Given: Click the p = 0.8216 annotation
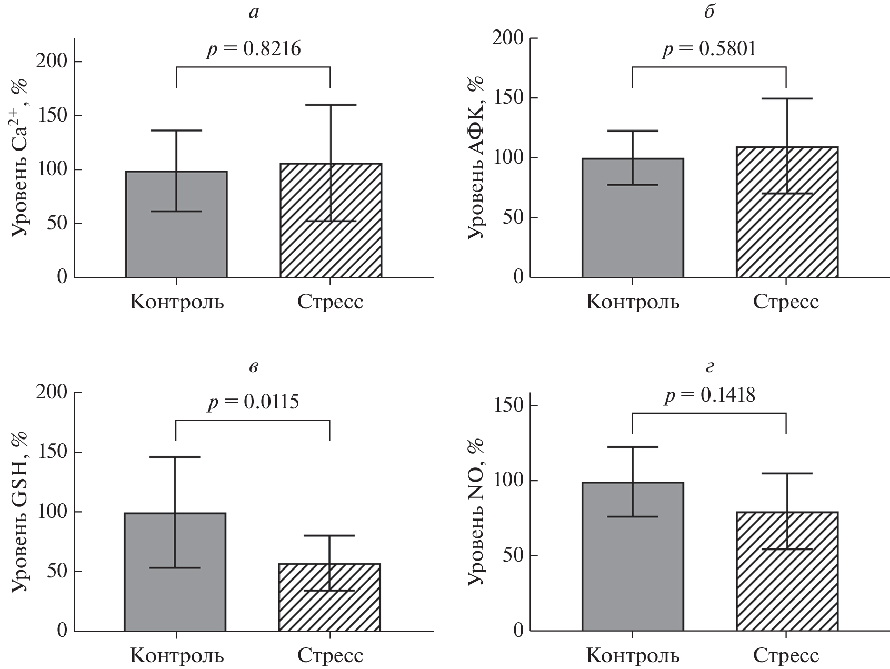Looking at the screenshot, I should click(253, 49).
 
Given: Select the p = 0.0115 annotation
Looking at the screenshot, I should click(253, 403).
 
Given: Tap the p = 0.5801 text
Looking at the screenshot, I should click(709, 49).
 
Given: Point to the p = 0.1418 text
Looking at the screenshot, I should click(709, 395).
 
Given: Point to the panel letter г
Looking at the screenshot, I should click(709, 367).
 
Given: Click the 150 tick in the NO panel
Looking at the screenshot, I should click(508, 406).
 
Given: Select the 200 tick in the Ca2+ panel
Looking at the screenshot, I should click(51, 62).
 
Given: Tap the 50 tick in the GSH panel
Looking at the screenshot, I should click(57, 572).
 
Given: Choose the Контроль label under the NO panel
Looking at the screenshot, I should click(633, 656).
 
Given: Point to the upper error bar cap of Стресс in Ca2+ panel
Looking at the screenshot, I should click(331, 105).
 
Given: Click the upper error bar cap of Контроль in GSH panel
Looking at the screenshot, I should click(176, 457).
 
